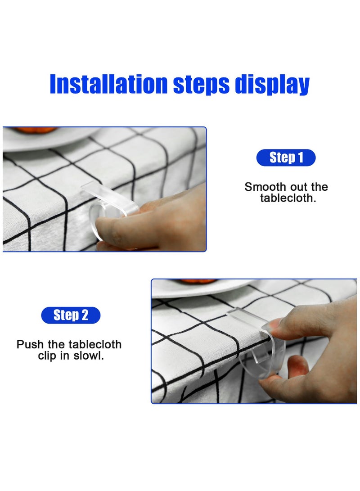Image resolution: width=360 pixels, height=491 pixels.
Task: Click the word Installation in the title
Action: (x=108, y=84)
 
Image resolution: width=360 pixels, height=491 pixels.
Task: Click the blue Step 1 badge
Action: (x=286, y=158)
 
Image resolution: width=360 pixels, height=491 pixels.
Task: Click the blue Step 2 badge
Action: (x=71, y=315)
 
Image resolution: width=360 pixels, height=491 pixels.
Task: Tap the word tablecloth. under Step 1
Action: (x=288, y=198)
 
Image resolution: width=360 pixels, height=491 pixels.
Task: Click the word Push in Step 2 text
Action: (x=31, y=345)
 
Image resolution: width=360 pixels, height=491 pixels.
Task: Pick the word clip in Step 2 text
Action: (x=48, y=356)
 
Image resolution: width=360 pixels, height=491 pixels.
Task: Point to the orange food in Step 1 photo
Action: (x=36, y=130)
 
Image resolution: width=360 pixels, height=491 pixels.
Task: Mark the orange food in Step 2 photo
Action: (x=198, y=281)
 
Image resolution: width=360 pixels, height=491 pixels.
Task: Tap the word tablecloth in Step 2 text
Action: (x=94, y=345)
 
